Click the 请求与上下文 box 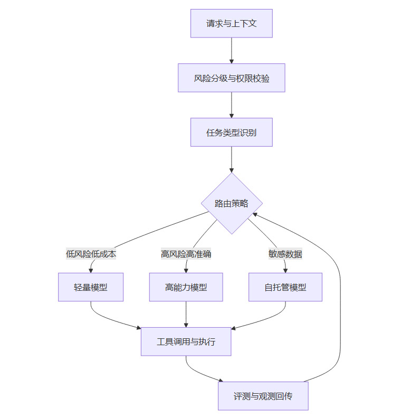(x=231, y=23)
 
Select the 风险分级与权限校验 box (x=231, y=78)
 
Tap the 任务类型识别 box (x=231, y=132)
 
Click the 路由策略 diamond (x=232, y=203)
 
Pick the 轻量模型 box (x=91, y=287)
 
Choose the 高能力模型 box (x=186, y=287)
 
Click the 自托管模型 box (x=285, y=287)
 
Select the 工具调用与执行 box (x=186, y=341)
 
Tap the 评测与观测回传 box (x=263, y=396)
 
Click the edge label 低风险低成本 (x=91, y=254)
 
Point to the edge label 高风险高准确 (x=186, y=254)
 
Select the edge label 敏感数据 (x=285, y=254)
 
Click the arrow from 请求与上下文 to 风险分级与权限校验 (x=231, y=50)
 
